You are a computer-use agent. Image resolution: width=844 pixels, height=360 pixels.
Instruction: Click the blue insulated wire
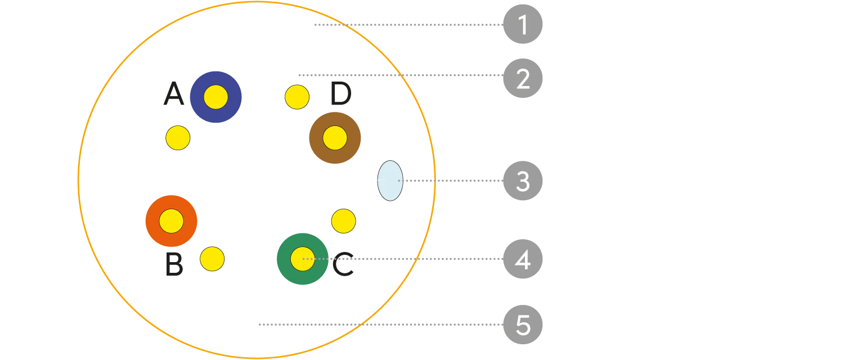pyautogui.click(x=216, y=97)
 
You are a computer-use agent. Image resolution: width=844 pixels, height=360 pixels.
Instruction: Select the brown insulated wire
pyautogui.click(x=335, y=137)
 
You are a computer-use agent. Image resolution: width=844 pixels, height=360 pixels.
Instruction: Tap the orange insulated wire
pyautogui.click(x=171, y=220)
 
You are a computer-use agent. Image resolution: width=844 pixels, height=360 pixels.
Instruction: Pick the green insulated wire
pyautogui.click(x=302, y=258)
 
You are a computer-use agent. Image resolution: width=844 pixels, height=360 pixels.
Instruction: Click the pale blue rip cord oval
pyautogui.click(x=390, y=180)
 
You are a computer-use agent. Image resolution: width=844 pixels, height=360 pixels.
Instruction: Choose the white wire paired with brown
pyautogui.click(x=296, y=97)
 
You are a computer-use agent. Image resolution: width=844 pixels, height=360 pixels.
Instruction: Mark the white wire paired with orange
pyautogui.click(x=212, y=259)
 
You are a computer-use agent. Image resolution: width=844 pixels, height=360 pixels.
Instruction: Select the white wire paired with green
pyautogui.click(x=342, y=220)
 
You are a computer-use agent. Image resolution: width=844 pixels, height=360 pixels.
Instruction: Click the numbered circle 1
pyautogui.click(x=523, y=25)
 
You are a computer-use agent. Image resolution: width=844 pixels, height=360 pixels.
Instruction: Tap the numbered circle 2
pyautogui.click(x=523, y=79)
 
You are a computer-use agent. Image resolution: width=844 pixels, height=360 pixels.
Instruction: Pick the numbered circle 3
pyautogui.click(x=523, y=182)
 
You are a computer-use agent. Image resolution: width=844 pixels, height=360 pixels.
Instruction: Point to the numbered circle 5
pyautogui.click(x=523, y=326)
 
